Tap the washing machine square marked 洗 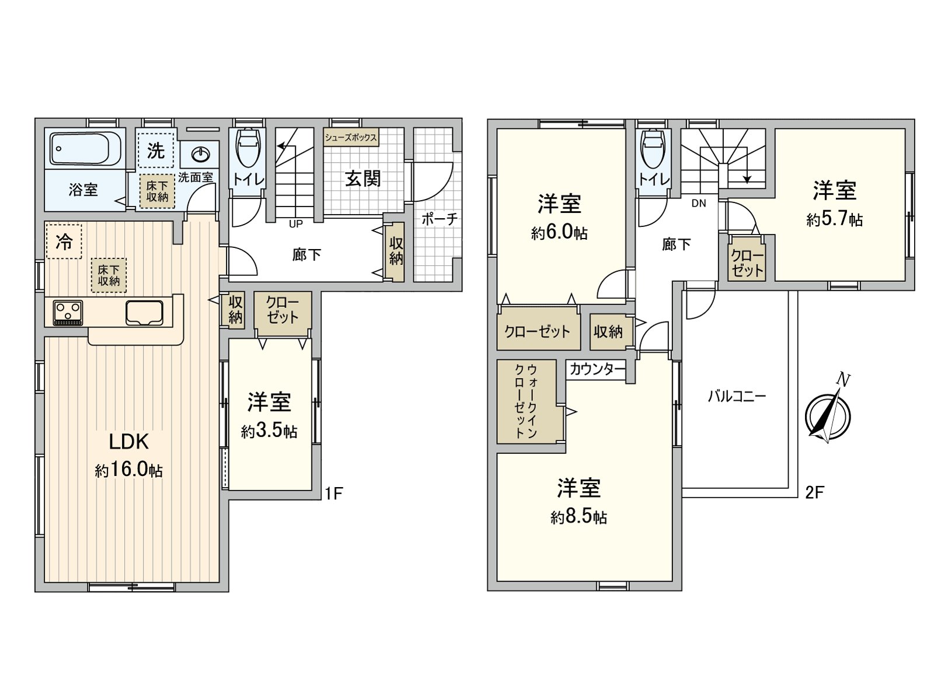coord(155,151)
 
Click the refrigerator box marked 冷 coord(64,242)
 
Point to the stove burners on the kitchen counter coord(68,312)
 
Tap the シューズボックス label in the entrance coord(351,138)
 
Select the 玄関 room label coord(363,178)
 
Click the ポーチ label coord(438,219)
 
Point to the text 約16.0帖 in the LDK coord(128,470)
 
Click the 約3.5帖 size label coord(269,431)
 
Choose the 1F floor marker coord(333,494)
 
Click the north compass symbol coord(827,415)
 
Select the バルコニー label coord(736,397)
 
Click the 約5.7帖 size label coord(834,220)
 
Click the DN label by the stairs coord(699,204)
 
